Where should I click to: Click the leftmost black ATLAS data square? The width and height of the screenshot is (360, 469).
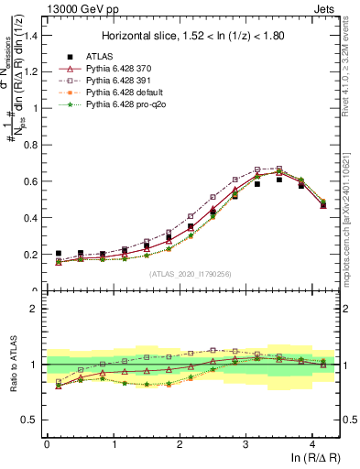[x=59, y=253]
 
